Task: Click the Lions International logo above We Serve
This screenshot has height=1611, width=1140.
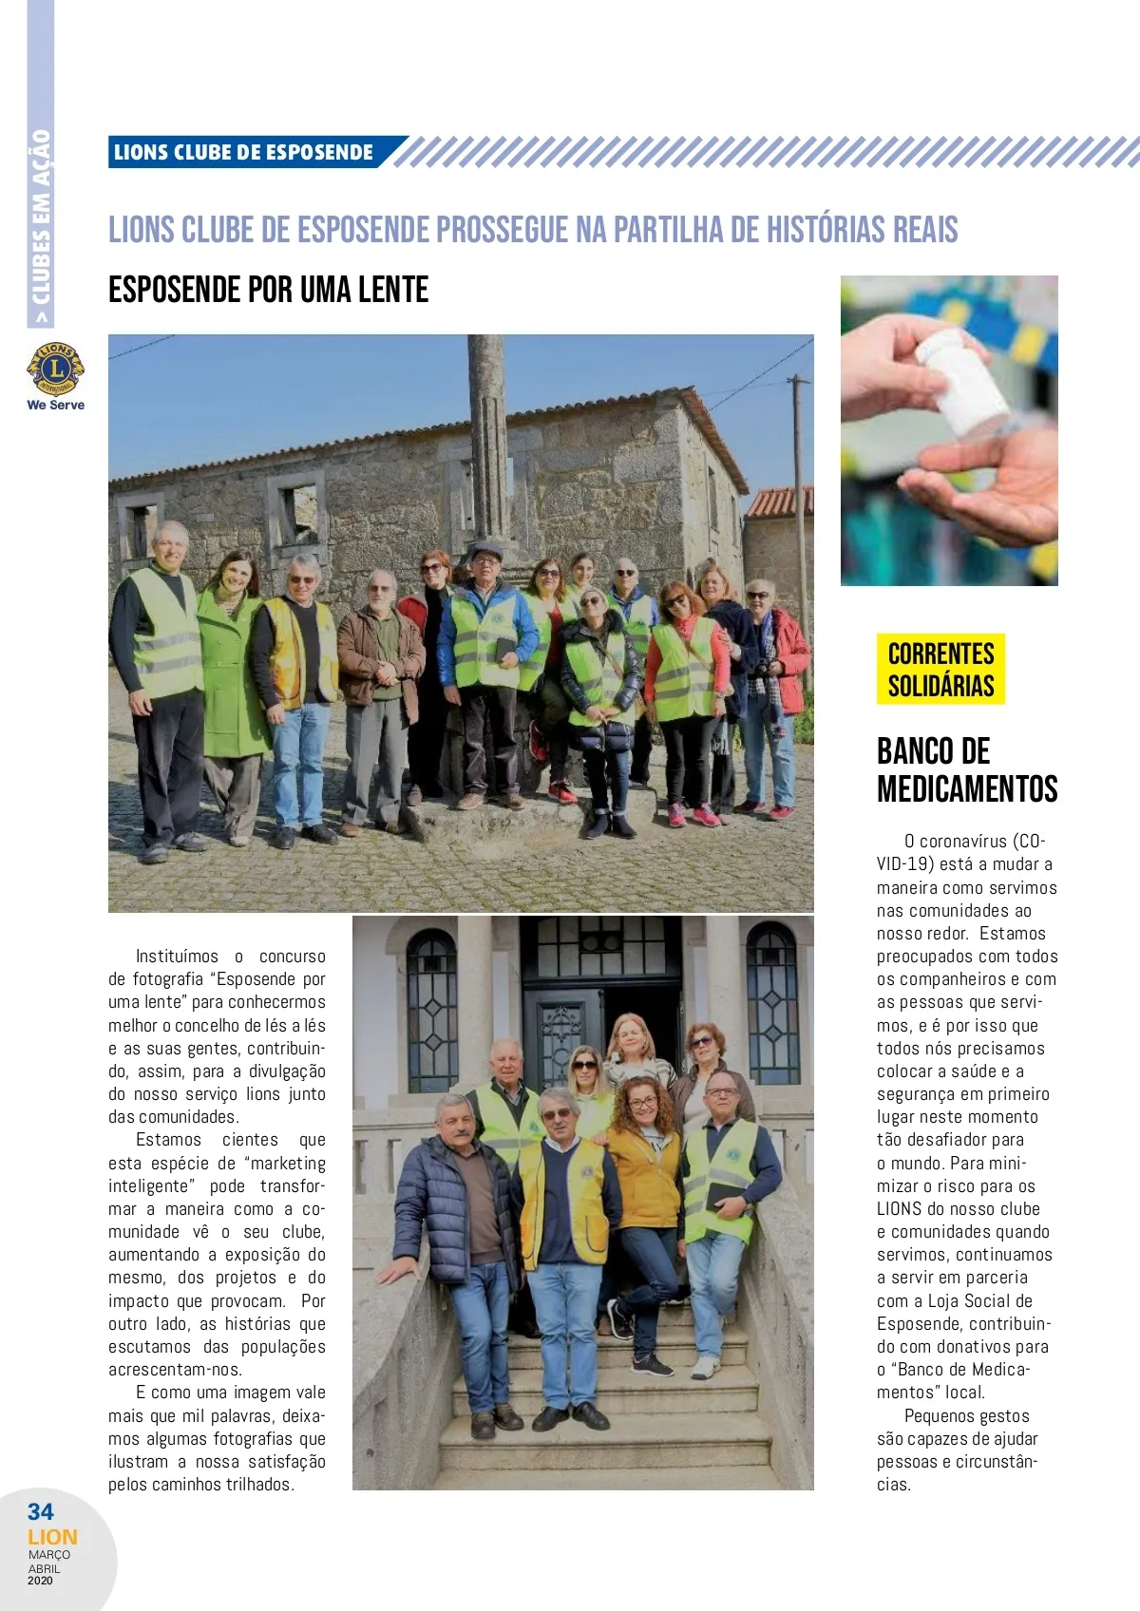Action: point(55,368)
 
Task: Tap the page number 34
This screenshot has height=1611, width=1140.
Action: point(41,1511)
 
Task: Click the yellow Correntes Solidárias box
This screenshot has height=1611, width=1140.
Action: point(940,669)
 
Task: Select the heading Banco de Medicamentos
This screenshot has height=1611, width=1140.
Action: point(966,769)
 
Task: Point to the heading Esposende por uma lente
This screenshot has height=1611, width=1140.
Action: point(268,290)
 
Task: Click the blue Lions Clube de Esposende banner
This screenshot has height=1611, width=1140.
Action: point(244,152)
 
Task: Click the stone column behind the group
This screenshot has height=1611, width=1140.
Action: point(489,437)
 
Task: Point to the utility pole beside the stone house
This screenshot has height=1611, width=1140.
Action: point(800,494)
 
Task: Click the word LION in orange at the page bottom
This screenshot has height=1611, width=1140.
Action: point(52,1537)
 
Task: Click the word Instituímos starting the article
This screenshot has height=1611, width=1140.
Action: point(177,957)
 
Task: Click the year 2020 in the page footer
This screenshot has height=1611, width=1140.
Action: point(41,1581)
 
